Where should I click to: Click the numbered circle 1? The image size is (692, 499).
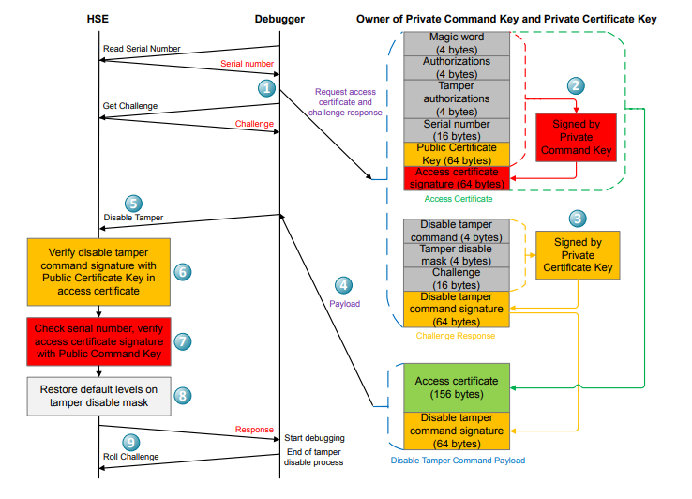(x=267, y=89)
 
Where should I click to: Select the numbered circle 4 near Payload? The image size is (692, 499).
(x=345, y=285)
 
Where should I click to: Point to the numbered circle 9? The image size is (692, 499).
(x=132, y=441)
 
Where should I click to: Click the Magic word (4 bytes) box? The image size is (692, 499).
(x=457, y=43)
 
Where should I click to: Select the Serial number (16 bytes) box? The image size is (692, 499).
(x=457, y=129)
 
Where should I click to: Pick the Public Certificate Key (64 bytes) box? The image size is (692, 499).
(x=457, y=154)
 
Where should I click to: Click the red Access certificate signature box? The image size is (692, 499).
(x=457, y=178)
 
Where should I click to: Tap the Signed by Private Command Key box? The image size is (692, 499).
(x=576, y=137)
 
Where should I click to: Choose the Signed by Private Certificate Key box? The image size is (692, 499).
(x=576, y=254)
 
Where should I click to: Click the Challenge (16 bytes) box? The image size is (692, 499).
(x=457, y=279)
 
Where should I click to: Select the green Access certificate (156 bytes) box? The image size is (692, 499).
(x=457, y=387)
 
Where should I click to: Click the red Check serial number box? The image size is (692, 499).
(x=98, y=341)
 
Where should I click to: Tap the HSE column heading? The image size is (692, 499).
(x=98, y=19)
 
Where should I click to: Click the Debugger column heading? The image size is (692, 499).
(x=279, y=19)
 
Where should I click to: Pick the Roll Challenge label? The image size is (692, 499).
(x=131, y=457)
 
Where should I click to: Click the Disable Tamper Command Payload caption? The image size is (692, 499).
(x=457, y=460)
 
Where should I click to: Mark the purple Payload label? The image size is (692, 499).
(x=345, y=304)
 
